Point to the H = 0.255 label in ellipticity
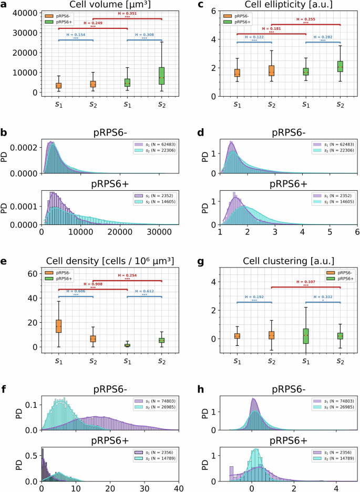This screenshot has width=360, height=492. [305, 19]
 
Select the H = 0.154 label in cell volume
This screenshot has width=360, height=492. [76, 35]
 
